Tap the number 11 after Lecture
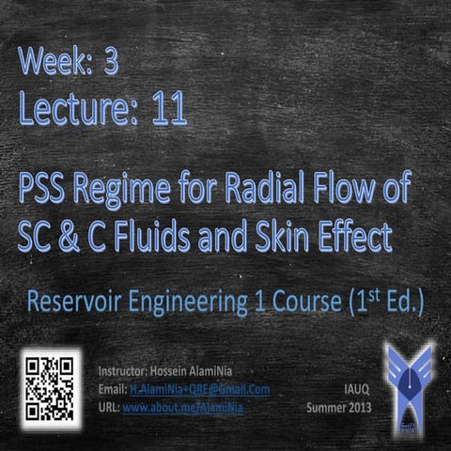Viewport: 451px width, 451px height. point(166,111)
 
